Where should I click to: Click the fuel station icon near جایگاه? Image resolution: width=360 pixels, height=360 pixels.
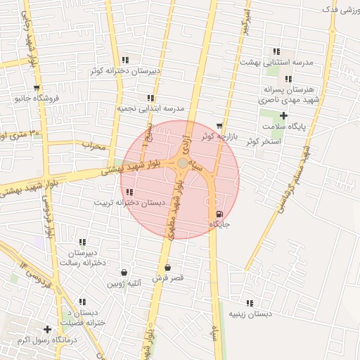point(219,214)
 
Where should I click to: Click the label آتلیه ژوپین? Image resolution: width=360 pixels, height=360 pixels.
point(124,283)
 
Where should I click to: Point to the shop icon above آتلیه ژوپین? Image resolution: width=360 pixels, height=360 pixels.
point(124,273)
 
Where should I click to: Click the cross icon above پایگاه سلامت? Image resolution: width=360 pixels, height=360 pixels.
point(283,115)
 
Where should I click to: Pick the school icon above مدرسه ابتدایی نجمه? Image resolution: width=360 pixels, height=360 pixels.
point(150,98)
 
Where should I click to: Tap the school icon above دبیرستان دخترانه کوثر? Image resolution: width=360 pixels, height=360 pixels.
point(125,60)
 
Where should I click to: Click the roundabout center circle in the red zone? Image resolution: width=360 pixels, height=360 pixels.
point(182,163)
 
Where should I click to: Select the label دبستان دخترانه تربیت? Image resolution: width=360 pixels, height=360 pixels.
point(130,202)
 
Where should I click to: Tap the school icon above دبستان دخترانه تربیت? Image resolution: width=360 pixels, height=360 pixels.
point(129,192)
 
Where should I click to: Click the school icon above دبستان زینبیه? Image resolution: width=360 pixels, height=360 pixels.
point(250,303)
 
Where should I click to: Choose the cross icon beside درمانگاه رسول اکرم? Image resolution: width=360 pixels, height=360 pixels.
point(48,329)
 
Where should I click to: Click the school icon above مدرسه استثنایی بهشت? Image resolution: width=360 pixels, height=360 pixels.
point(276,51)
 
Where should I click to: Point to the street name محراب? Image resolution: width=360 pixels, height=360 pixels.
point(93,146)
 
